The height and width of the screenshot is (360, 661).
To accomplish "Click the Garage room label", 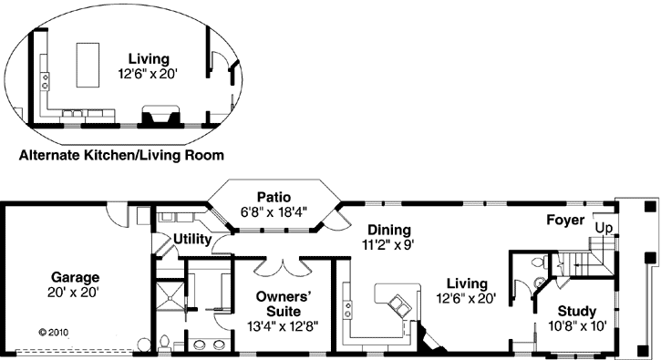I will (x=75, y=277).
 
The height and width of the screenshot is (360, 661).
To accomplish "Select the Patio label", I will (x=274, y=196).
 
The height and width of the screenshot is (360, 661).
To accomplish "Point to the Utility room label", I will (x=188, y=240).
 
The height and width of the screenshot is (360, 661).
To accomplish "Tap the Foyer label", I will (x=565, y=220).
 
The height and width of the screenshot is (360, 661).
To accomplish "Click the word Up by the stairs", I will (x=604, y=227).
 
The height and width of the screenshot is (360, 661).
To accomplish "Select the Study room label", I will (x=576, y=310).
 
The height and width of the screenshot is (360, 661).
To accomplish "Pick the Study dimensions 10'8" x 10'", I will (x=576, y=324).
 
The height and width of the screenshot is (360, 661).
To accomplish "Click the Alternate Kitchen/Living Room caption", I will (x=121, y=155).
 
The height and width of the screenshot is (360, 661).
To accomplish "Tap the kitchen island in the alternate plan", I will (x=87, y=62).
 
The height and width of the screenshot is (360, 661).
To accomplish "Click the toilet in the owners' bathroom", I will (x=162, y=343).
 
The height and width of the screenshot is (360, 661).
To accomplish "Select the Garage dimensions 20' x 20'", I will (x=75, y=293).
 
